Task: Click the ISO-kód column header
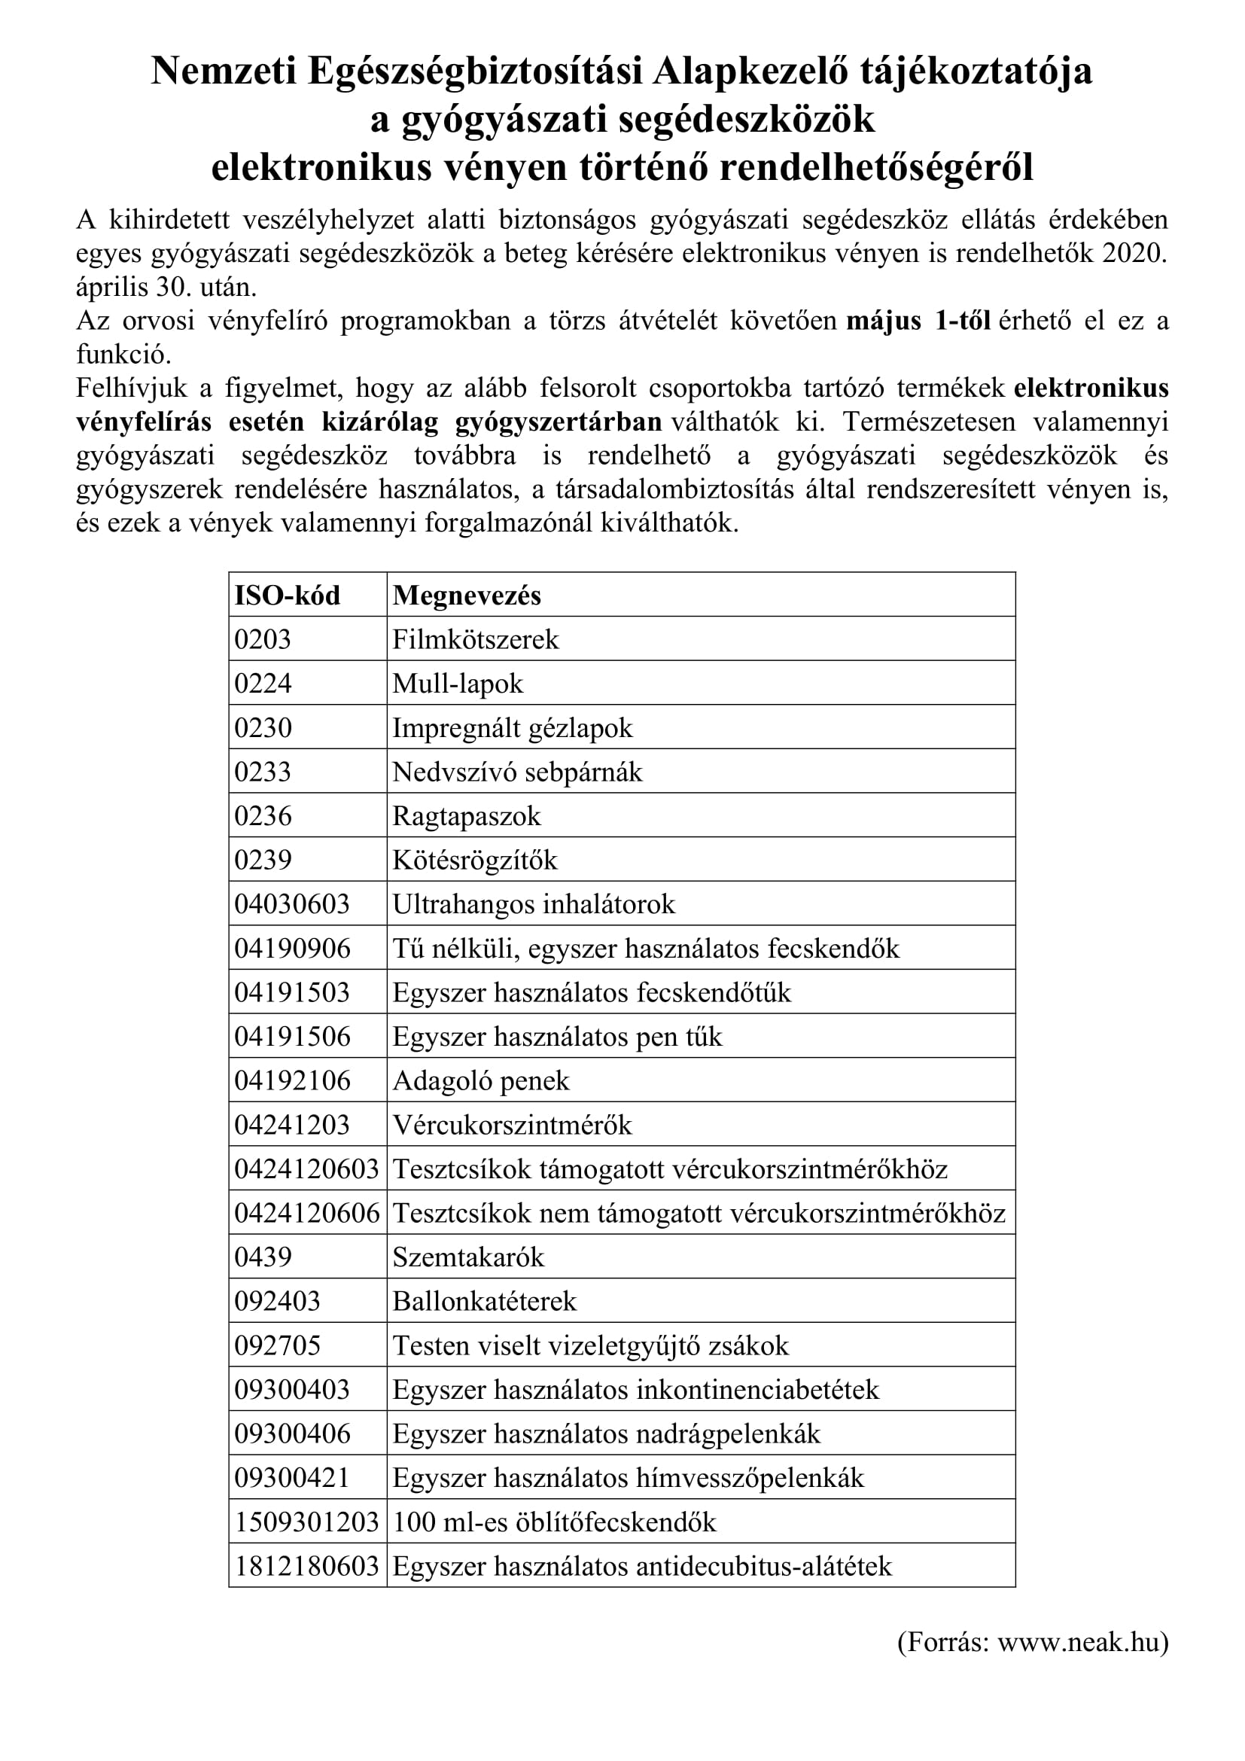point(287,596)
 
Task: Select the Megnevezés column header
point(466,596)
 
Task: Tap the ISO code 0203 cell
point(263,640)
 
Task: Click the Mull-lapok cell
point(458,684)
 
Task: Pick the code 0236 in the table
point(263,816)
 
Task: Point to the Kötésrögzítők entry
point(474,861)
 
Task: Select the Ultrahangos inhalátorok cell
point(534,905)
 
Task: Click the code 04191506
point(292,1037)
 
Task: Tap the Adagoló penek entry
point(481,1081)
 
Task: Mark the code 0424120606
point(306,1214)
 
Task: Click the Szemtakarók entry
point(468,1258)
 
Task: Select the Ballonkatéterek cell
point(485,1302)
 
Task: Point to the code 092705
point(278,1346)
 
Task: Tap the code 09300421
point(292,1479)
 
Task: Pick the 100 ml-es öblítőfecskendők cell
point(554,1522)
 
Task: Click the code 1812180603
point(306,1566)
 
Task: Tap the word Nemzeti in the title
point(223,72)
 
